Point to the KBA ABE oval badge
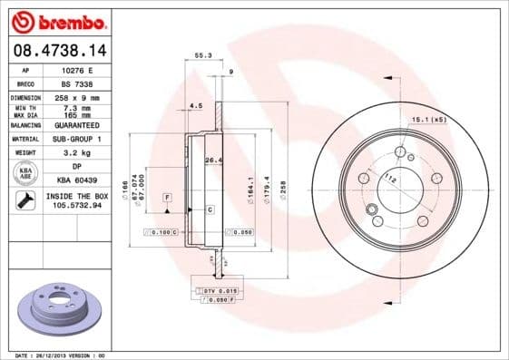(26, 174)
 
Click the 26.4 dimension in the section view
(212, 161)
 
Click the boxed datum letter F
(168, 197)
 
